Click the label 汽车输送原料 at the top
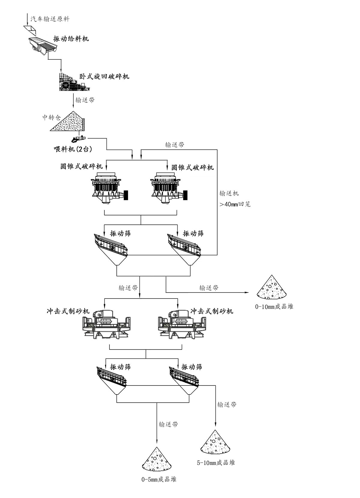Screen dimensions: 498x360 coord(50,19)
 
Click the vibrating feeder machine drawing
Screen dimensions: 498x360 coord(43,45)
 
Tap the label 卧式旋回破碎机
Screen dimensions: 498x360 coord(104,76)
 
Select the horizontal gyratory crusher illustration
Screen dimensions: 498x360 coord(73,81)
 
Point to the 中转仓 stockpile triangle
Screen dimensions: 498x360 coord(68,122)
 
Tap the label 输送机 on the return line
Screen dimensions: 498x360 coord(229,193)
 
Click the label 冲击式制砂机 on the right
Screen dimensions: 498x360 coord(212,311)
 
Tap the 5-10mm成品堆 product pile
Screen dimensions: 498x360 coord(215,442)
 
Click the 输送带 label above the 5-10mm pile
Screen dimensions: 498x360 coord(227,404)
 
